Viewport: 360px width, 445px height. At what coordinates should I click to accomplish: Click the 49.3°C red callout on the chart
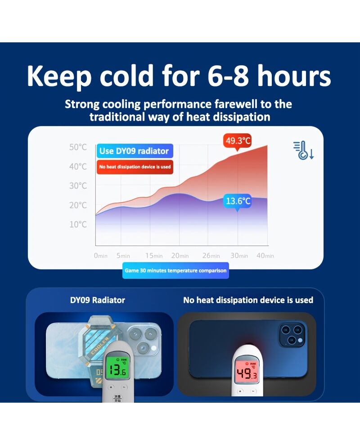237,140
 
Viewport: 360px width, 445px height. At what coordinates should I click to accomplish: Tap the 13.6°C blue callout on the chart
238,201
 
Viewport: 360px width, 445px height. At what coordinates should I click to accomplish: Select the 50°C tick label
78,147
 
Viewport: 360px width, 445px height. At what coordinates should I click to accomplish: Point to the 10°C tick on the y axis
78,224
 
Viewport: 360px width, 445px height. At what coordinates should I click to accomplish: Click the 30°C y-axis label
78,186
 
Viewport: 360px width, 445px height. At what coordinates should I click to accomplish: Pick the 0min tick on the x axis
101,256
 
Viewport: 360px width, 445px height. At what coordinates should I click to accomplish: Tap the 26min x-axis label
211,256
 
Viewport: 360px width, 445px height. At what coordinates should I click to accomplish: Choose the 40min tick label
265,256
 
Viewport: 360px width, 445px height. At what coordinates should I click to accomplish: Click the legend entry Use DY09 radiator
135,151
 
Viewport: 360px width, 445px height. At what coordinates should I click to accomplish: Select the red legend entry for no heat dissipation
135,167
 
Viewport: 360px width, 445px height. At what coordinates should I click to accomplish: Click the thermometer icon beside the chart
303,150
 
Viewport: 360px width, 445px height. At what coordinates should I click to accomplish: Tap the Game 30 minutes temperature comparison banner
175,270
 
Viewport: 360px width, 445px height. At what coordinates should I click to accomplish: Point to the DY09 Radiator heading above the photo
98,300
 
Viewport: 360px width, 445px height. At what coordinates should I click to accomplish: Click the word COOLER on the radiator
100,345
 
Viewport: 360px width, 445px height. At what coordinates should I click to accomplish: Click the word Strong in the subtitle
82,104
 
